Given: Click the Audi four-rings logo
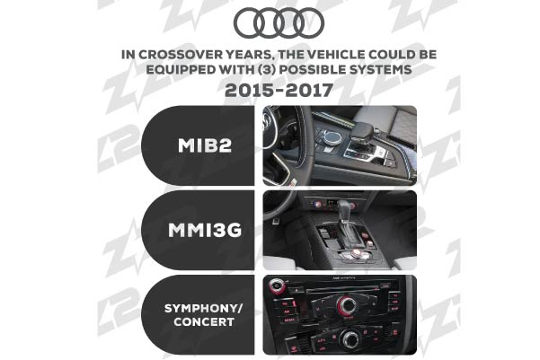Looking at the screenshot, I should [279, 22].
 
